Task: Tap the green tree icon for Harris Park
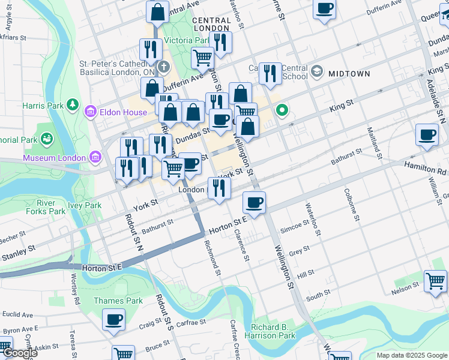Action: tap(73, 105)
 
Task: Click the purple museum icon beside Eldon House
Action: tap(91, 111)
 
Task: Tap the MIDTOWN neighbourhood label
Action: tap(349, 73)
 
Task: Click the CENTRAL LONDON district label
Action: tap(211, 24)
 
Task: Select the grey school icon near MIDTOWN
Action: tap(316, 73)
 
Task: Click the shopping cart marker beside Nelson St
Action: tap(435, 280)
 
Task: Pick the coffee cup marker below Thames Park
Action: tap(113, 320)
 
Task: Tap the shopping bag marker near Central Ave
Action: tap(157, 11)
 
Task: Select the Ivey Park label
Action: tap(85, 205)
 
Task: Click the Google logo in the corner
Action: tap(19, 353)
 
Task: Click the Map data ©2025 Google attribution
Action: tap(412, 355)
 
